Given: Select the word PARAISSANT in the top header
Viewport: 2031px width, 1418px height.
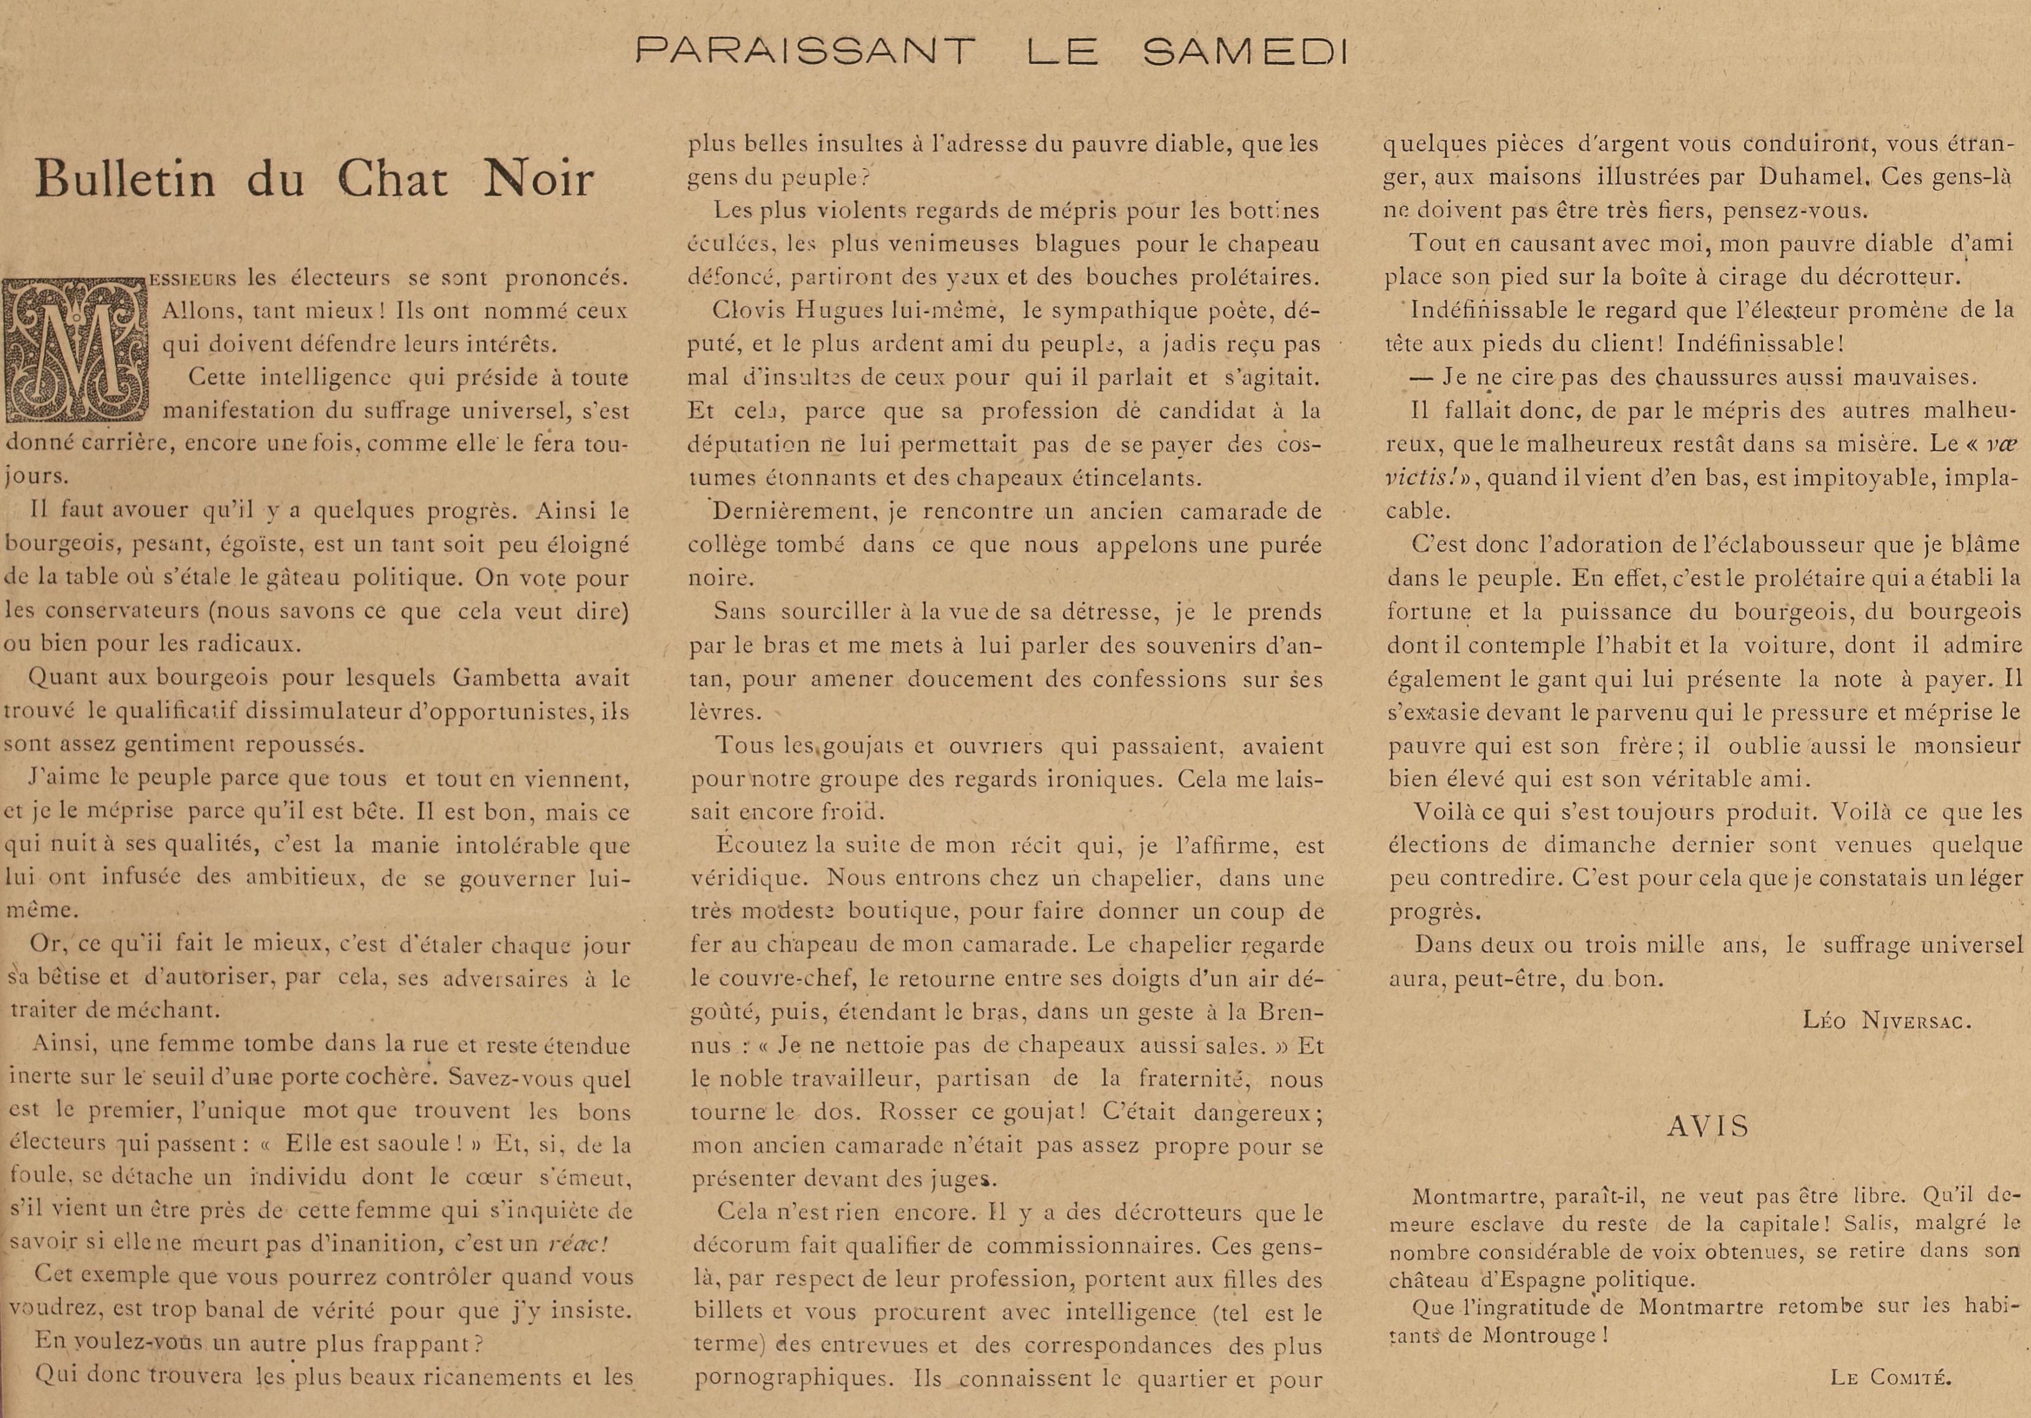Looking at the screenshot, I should coord(805,51).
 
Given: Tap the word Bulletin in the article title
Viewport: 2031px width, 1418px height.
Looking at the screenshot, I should coord(126,179).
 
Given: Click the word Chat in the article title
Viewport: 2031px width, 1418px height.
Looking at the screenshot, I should coord(393,179).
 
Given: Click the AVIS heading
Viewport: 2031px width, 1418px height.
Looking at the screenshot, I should coord(1708,1126).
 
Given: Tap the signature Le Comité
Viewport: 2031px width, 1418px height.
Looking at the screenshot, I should coord(1890,1377).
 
